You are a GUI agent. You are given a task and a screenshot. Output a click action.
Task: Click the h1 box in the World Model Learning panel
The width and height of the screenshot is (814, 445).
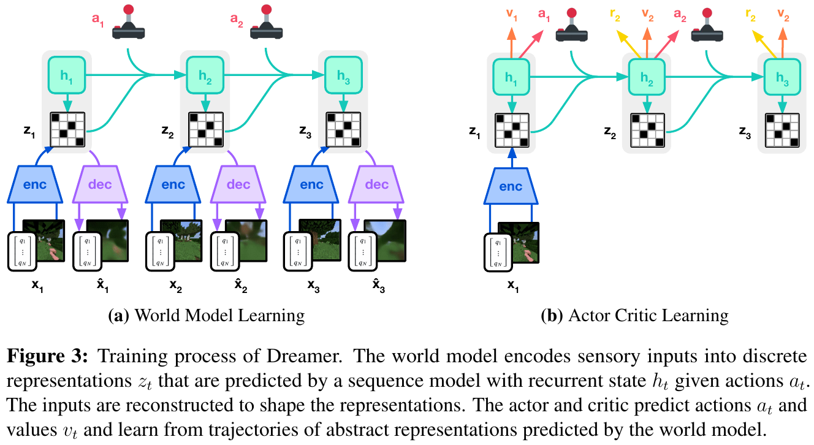pos(67,75)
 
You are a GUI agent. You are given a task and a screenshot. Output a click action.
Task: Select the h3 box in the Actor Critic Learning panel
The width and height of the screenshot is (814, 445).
pos(782,77)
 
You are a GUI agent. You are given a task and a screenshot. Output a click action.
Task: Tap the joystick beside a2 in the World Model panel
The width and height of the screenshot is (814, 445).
pos(267,22)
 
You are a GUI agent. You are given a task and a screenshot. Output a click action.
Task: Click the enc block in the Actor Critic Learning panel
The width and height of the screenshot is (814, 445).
pos(511,186)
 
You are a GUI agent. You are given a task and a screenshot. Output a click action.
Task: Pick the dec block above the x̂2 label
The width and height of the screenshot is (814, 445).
pos(238,184)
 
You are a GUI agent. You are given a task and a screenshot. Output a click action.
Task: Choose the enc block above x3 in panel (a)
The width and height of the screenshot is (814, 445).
pos(311,184)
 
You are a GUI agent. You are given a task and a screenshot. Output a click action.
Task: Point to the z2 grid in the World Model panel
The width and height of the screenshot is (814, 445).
pos(206,129)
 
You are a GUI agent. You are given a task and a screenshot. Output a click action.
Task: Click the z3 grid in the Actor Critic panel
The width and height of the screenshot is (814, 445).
pos(782,131)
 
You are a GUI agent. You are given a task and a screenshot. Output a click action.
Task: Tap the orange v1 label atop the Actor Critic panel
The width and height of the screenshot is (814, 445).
pos(512,15)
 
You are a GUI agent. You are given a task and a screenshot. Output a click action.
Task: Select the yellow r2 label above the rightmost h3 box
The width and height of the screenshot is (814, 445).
pos(750,15)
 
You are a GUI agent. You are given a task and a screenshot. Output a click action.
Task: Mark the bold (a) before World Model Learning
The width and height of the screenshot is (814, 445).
pos(118,315)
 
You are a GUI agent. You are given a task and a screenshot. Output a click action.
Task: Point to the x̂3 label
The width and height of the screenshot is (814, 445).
pos(378,286)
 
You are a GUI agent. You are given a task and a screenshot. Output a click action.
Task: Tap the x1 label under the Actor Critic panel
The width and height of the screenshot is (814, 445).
pos(513,286)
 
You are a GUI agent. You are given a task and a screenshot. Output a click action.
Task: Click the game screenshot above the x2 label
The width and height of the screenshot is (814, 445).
pos(181,240)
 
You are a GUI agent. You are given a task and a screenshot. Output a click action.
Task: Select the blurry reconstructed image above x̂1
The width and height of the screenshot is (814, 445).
pos(107,240)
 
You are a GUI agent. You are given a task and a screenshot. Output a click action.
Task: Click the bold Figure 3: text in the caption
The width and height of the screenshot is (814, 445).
pos(47,356)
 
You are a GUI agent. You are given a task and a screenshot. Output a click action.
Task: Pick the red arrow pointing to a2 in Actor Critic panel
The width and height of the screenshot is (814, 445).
pos(666,44)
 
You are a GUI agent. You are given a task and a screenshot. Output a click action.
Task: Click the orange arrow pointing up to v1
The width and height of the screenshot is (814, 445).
pos(511,43)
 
